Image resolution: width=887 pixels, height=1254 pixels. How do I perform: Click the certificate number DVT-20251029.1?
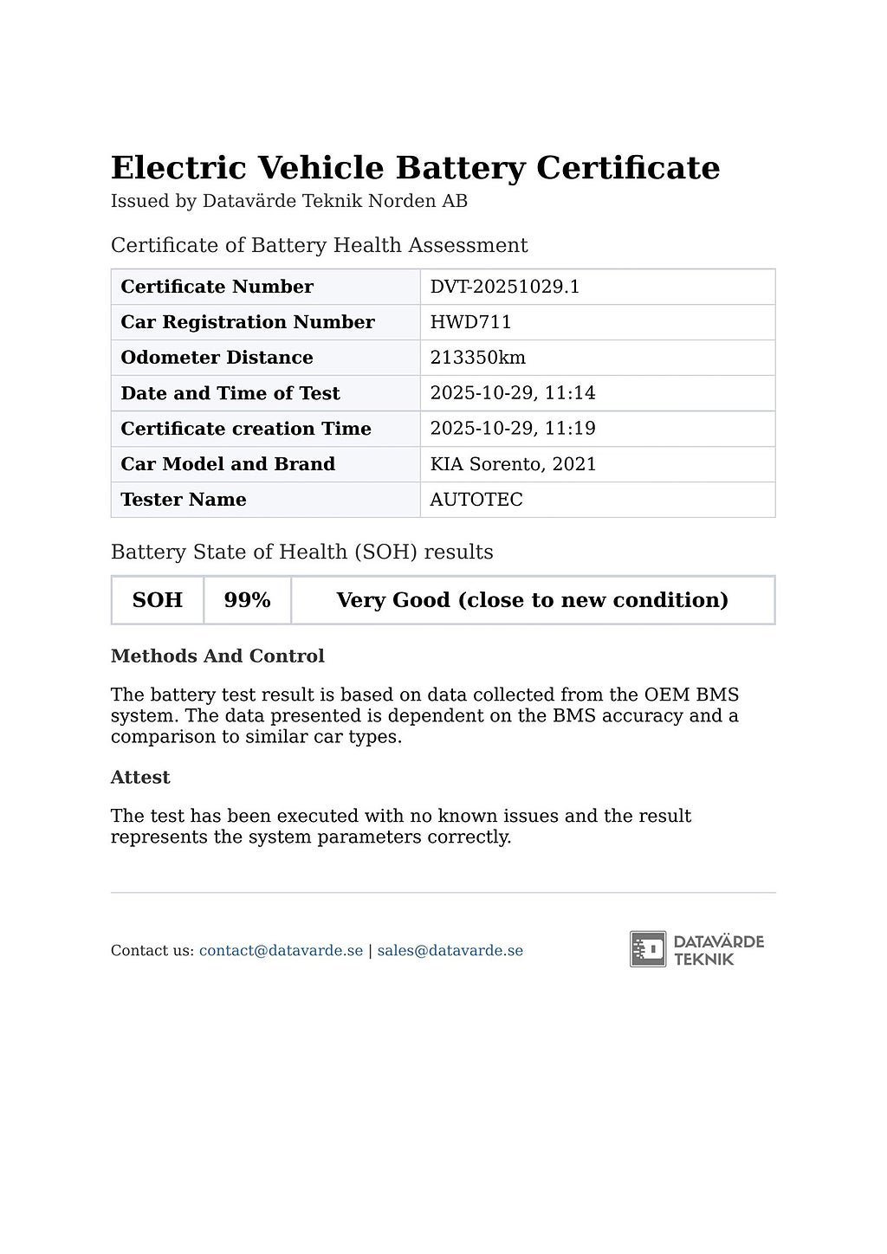(504, 287)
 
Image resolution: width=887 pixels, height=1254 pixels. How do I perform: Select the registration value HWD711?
(470, 322)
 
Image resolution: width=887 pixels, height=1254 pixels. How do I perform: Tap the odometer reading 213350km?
(477, 358)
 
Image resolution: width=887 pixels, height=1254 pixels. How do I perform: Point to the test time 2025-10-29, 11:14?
(513, 393)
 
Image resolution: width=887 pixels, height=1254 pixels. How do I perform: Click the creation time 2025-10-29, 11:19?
(513, 429)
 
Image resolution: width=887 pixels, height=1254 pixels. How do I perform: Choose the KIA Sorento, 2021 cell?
(513, 464)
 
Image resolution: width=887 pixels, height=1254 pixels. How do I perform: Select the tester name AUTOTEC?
(476, 500)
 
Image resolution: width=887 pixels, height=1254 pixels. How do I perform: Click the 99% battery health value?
(247, 600)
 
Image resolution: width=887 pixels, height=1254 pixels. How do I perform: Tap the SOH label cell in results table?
(157, 600)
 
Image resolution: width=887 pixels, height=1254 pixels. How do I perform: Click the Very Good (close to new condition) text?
(532, 600)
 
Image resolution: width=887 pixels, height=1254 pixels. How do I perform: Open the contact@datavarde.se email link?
(281, 951)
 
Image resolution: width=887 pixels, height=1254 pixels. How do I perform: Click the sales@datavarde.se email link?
(450, 951)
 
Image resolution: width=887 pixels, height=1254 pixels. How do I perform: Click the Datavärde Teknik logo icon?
(648, 949)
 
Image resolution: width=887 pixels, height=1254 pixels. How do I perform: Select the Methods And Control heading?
(217, 656)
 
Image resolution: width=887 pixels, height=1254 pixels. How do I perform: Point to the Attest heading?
(140, 778)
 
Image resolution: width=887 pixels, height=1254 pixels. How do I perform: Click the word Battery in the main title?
(460, 168)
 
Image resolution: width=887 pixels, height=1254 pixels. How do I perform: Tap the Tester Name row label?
(184, 500)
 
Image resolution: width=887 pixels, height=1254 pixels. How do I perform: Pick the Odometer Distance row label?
(217, 358)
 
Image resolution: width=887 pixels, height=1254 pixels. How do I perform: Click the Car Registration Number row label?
(248, 322)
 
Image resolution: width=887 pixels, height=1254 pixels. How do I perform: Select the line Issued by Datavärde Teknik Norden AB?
(288, 202)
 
